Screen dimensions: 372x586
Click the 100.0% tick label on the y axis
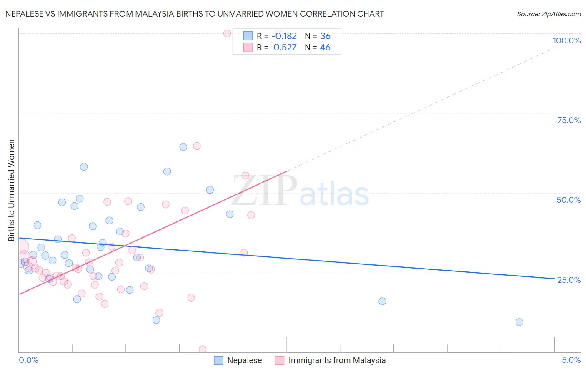pos(566,40)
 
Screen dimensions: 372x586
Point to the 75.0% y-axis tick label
pos(569,120)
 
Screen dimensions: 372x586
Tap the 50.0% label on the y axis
pos(568,200)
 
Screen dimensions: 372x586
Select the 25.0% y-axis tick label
pos(569,279)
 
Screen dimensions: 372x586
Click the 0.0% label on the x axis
pos(28,360)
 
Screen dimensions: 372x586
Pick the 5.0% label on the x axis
pos(571,360)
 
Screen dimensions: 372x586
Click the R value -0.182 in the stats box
pos(284,36)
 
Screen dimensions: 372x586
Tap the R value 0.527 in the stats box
pos(285,47)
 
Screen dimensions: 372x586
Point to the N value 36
pos(325,36)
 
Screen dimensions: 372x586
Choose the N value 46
pos(325,47)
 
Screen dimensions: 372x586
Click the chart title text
pos(195,14)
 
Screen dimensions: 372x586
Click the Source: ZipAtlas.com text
pos(548,14)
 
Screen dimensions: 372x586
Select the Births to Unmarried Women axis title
pos(11,190)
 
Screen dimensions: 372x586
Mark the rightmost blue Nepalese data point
pos(519,322)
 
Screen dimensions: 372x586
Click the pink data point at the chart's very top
pos(227,33)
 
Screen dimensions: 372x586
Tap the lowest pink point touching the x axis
pos(203,349)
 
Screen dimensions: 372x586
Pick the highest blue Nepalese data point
pos(183,147)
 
